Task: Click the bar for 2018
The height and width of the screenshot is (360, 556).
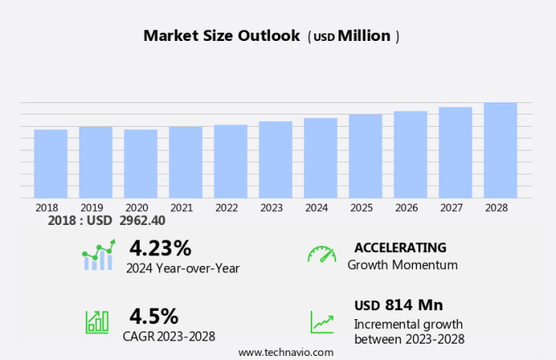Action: click(51, 164)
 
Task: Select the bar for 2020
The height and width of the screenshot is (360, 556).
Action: click(141, 164)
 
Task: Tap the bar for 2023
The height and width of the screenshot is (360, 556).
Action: click(276, 160)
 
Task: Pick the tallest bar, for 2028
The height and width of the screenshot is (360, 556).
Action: click(500, 150)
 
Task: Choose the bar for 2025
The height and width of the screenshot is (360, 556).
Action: click(365, 155)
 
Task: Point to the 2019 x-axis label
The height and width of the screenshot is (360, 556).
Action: click(92, 208)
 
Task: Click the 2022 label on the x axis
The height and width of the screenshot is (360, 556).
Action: click(226, 208)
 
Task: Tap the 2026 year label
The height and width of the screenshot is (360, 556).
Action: click(406, 208)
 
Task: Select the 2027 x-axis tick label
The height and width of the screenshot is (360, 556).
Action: click(451, 208)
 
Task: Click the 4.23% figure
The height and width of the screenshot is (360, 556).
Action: click(160, 248)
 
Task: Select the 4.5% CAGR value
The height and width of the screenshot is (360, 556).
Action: click(154, 316)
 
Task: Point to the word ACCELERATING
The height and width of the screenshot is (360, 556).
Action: click(400, 247)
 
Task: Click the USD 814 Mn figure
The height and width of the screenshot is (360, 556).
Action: click(398, 305)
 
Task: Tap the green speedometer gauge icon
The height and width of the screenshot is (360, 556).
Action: click(321, 254)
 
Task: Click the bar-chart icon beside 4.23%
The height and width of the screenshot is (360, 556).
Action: click(98, 255)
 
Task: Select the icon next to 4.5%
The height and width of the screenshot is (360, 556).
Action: click(97, 322)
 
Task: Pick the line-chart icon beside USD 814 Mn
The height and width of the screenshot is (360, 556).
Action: click(321, 322)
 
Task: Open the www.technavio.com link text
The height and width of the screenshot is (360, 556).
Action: click(285, 352)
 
